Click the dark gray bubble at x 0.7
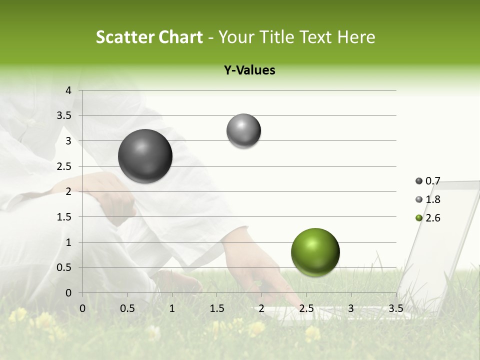click(145, 156)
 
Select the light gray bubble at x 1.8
click(243, 131)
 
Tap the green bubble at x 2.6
click(315, 252)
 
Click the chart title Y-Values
click(249, 70)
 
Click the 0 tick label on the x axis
click(82, 308)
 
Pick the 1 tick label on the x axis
click(172, 308)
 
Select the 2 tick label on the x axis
click(261, 308)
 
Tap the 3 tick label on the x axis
click(351, 308)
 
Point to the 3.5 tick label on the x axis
click(395, 308)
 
